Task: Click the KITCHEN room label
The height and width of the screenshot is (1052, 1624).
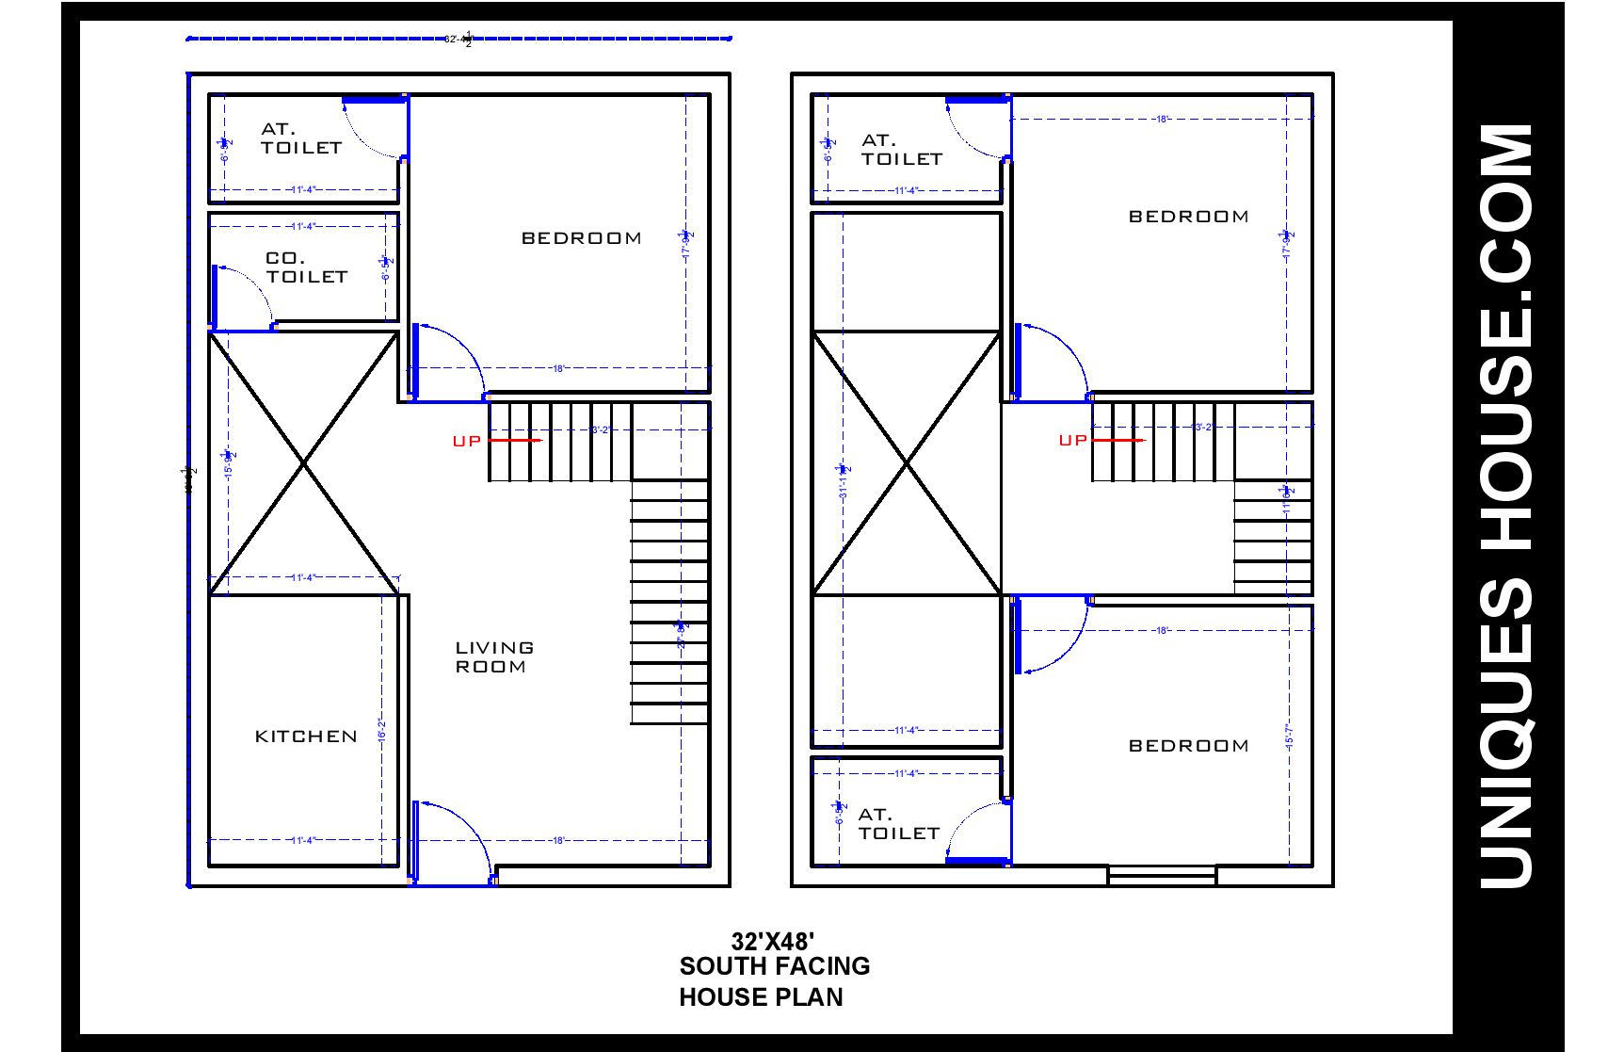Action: pyautogui.click(x=306, y=736)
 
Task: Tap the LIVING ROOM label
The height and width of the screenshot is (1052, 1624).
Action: pyautogui.click(x=494, y=657)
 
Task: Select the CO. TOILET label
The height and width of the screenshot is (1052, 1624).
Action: pyautogui.click(x=306, y=267)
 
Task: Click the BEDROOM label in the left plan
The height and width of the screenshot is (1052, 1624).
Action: pyautogui.click(x=582, y=238)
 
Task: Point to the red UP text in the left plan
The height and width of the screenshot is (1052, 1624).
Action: pyautogui.click(x=466, y=441)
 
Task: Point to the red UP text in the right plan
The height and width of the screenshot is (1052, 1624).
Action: pyautogui.click(x=1072, y=440)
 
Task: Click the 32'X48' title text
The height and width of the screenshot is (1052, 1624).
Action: pyautogui.click(x=772, y=941)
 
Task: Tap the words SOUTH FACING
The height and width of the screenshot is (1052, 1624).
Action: pyautogui.click(x=774, y=966)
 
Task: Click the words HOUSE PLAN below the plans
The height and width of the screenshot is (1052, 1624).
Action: pyautogui.click(x=761, y=997)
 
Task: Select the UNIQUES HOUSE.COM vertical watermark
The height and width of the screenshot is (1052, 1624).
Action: pyautogui.click(x=1506, y=507)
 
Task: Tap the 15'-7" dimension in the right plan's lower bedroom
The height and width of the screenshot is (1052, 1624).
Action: pyautogui.click(x=1289, y=736)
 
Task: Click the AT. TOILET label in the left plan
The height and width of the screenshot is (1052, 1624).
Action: pyautogui.click(x=300, y=138)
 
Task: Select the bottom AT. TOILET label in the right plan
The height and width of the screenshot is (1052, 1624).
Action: pyautogui.click(x=898, y=824)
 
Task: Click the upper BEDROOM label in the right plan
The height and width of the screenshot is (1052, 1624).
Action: pyautogui.click(x=1188, y=217)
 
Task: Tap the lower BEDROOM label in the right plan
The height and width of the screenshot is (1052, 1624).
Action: pyautogui.click(x=1188, y=746)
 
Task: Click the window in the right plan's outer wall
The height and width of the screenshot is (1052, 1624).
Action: pyautogui.click(x=1162, y=875)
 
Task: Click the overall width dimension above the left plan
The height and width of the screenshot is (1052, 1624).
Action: pyautogui.click(x=458, y=39)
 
